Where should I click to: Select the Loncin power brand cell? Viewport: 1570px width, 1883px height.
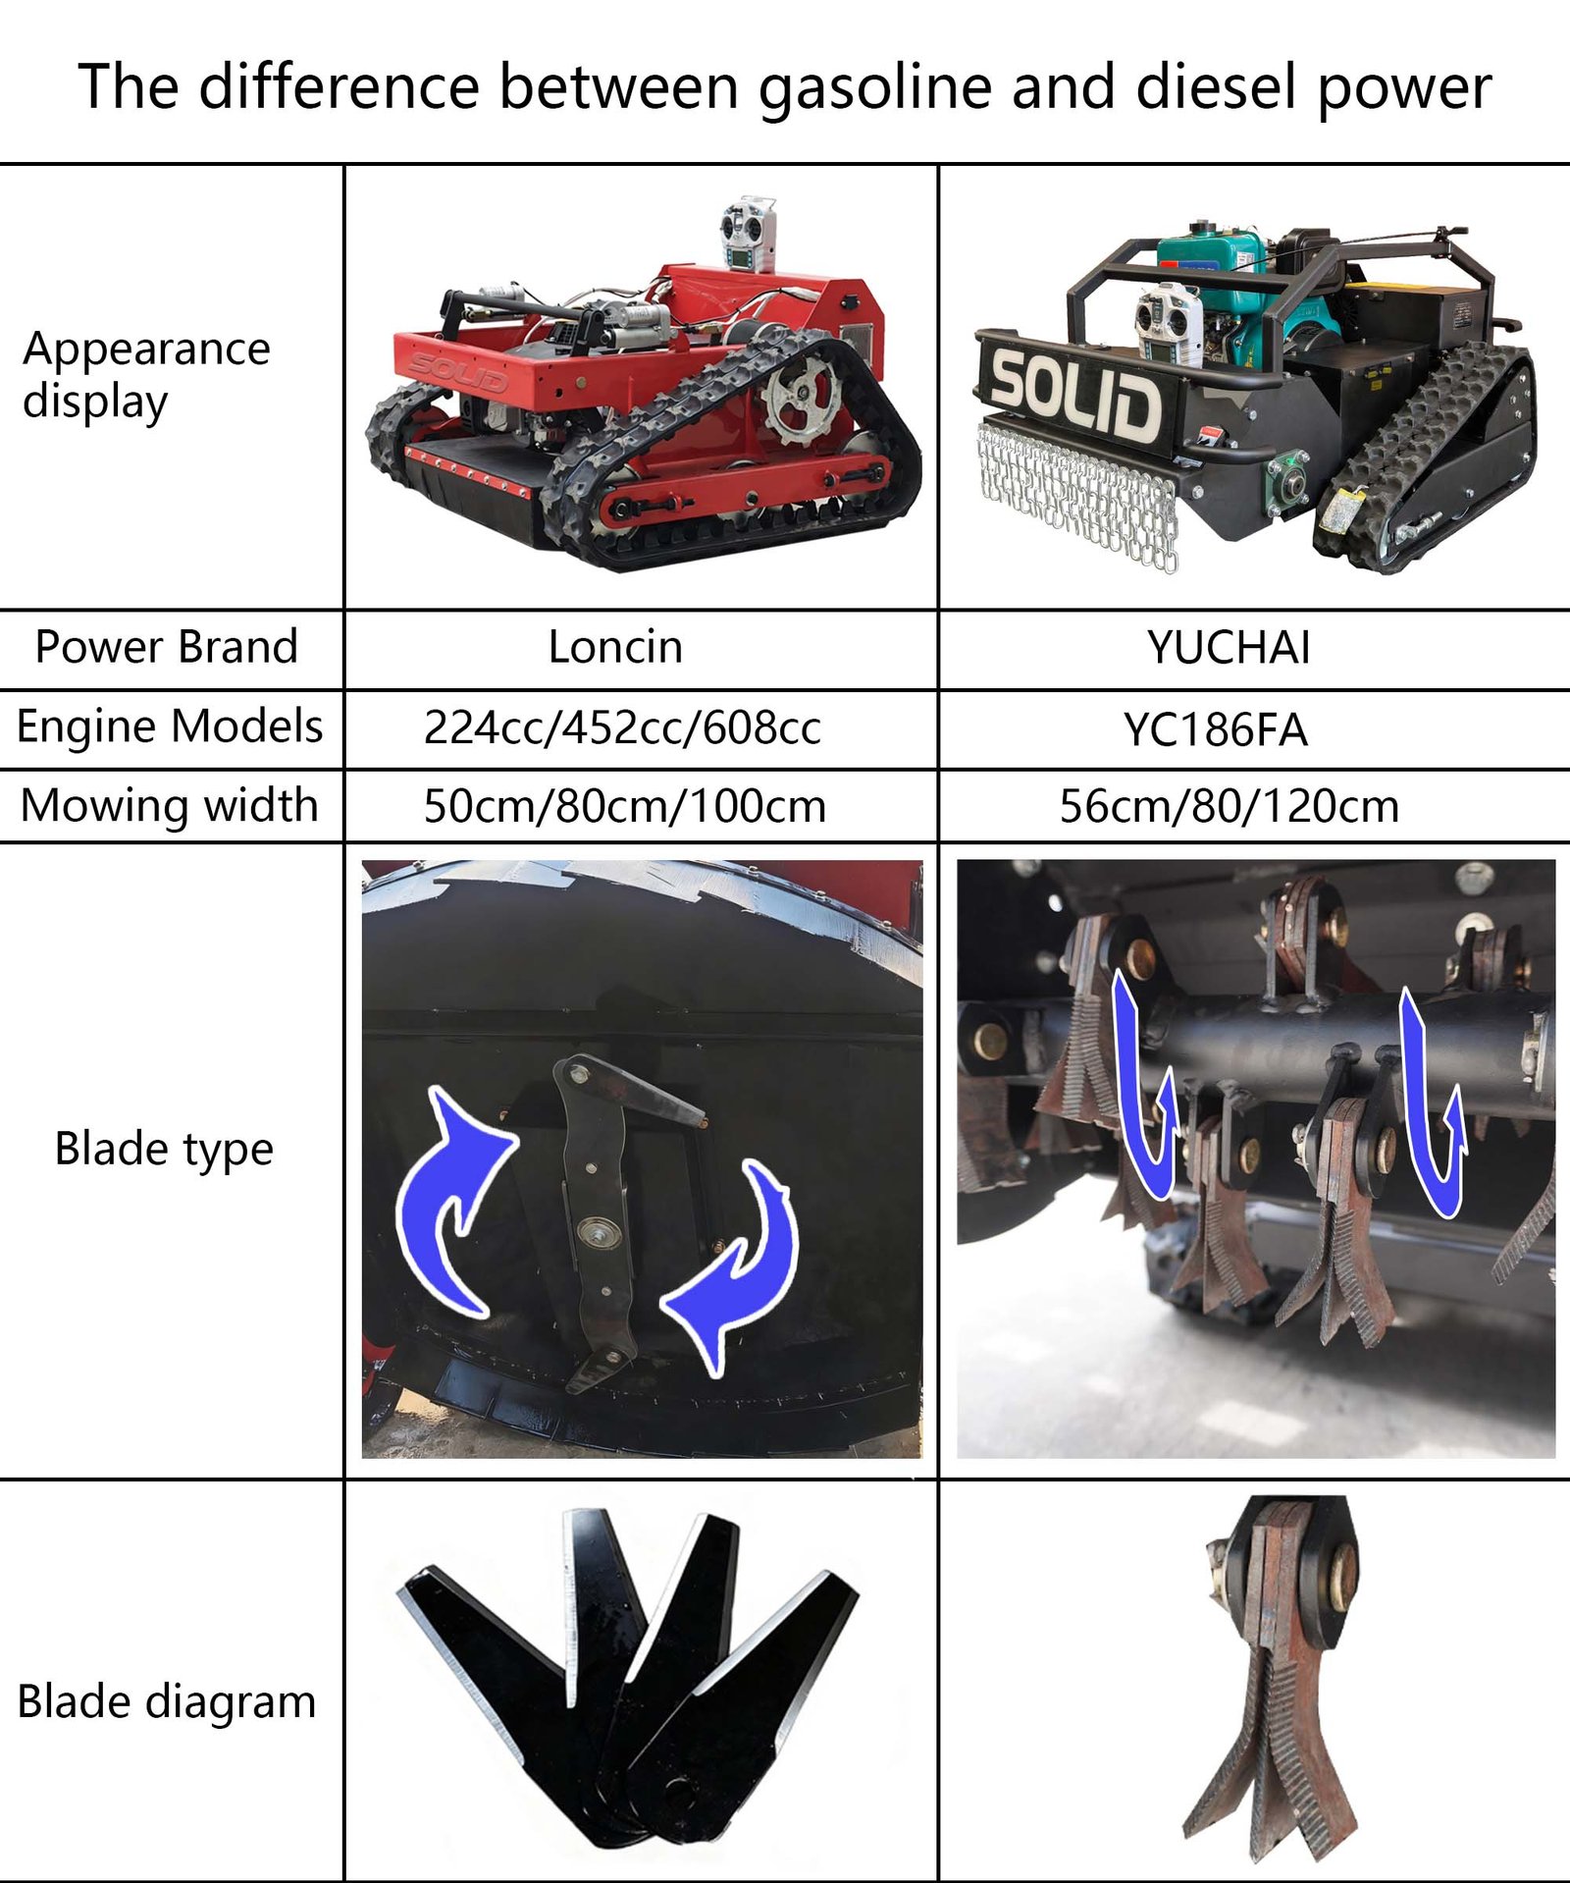click(x=615, y=647)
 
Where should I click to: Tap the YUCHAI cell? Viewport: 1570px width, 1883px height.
click(x=1229, y=648)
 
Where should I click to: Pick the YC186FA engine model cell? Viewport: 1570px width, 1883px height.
click(x=1216, y=729)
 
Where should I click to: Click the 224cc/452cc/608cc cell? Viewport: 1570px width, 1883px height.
click(x=622, y=727)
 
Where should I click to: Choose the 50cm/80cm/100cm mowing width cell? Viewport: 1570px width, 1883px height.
click(x=625, y=806)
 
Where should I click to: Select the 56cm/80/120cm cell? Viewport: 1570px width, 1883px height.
click(x=1229, y=806)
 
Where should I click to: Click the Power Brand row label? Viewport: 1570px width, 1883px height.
click(x=167, y=647)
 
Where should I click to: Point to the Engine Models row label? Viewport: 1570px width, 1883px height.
click(x=170, y=727)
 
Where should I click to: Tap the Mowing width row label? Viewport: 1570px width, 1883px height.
click(x=170, y=806)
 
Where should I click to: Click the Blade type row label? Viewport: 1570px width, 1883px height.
click(x=164, y=1150)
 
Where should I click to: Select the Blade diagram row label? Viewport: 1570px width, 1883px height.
click(x=167, y=1701)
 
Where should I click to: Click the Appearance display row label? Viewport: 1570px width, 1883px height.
click(x=146, y=375)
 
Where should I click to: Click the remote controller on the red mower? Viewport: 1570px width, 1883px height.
click(x=749, y=234)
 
